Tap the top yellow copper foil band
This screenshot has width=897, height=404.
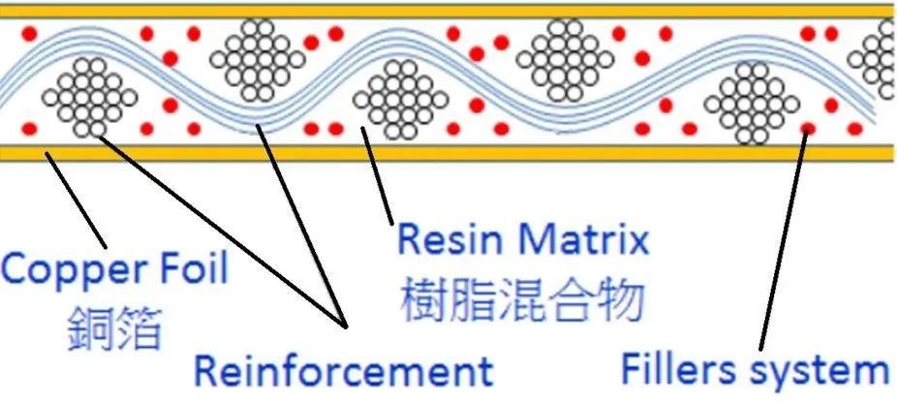(446, 11)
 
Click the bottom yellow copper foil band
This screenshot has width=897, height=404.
(446, 152)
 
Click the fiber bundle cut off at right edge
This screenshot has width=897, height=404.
(883, 58)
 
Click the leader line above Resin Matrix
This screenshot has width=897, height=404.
(379, 179)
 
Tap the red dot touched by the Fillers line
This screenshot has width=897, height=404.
(808, 127)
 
